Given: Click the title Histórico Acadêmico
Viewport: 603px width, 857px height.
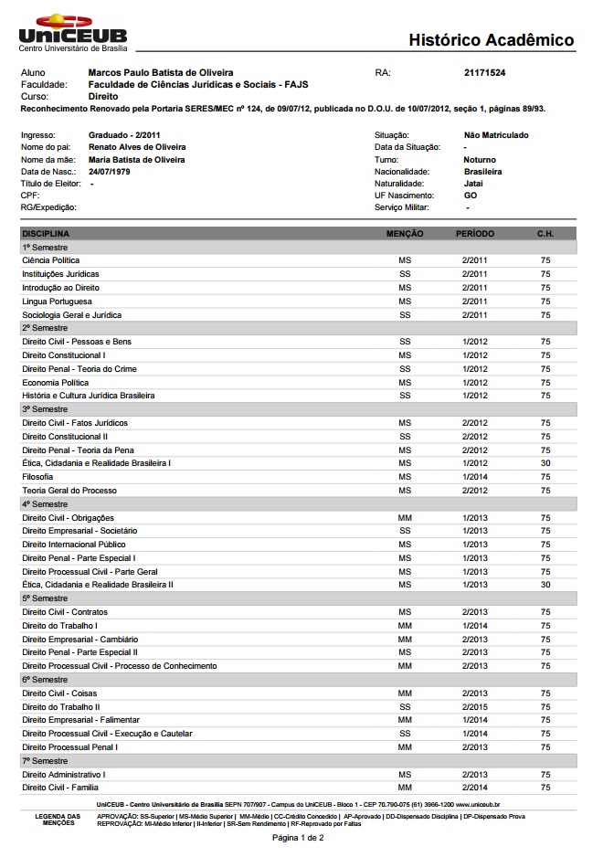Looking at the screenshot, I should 491,40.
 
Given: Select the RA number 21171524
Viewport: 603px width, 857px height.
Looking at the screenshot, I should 485,72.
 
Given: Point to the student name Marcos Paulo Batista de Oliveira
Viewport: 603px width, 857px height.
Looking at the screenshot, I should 160,72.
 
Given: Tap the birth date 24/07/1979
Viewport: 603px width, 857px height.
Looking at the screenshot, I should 110,172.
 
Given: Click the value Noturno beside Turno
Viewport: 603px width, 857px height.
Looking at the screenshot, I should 481,160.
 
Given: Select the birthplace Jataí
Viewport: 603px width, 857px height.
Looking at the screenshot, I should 473,184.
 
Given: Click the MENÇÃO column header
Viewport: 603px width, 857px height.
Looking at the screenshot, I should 405,234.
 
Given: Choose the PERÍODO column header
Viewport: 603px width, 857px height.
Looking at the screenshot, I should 475,234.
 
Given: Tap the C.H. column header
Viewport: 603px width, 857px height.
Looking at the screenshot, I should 545,234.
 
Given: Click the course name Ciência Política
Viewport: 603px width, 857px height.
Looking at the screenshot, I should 51,260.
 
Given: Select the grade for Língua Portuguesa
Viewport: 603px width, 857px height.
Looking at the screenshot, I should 405,302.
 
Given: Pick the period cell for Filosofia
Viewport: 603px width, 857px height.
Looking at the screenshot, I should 475,477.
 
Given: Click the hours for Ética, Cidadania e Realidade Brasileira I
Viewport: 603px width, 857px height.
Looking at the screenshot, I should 545,463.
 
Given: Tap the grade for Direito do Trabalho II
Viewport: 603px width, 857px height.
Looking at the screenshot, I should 405,706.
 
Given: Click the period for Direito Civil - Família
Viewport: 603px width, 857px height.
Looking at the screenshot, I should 475,788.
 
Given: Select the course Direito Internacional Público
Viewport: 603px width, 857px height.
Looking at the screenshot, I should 74,545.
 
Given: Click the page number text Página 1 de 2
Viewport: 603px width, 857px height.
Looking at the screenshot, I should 298,837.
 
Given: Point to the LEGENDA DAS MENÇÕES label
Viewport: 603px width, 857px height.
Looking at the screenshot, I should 58,819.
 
